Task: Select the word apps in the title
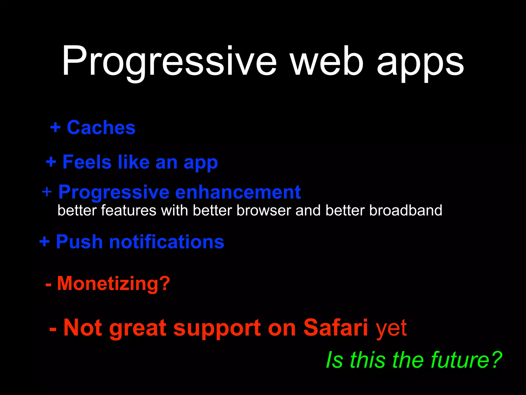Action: [x=420, y=63]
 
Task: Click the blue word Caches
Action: [x=101, y=128]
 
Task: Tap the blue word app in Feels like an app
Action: [x=201, y=163]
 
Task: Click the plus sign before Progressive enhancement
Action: [x=47, y=192]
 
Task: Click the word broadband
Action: [x=406, y=210]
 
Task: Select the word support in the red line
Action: [x=217, y=329]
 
